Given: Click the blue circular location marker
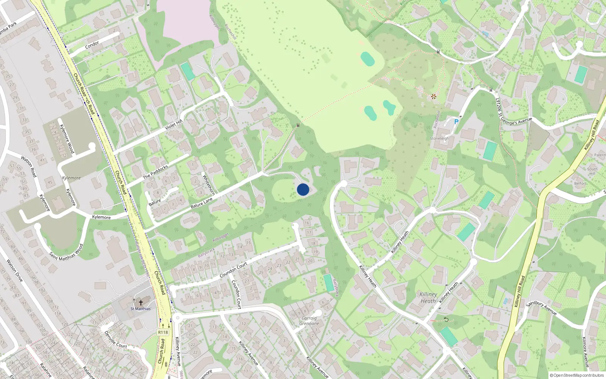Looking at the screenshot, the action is pos(303,189).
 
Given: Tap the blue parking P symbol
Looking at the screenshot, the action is pos(456,122).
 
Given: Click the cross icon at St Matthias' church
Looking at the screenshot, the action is pos(141,302).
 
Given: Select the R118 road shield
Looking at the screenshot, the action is pos(163,332).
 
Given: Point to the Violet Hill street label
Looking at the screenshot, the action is pos(174,124).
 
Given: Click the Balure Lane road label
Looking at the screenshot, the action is pos(202,203).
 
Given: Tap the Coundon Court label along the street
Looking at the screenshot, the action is pos(233,269).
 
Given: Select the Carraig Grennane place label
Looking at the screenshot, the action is pos(309,321).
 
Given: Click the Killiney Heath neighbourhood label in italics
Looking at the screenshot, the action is pos(428,298).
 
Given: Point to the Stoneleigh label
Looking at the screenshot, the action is pos(439,139).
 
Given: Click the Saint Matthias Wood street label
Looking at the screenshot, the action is pos(66,252).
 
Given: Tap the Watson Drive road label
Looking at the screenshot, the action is pos(15,271).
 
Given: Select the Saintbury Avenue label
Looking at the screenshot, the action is pos(542,308).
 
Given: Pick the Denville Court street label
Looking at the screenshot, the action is pos(116,340).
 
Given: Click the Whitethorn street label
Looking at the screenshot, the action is pos(209,185).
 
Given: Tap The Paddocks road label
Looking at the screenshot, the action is pos(155,172).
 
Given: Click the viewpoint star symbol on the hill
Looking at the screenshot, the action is pos(433,97).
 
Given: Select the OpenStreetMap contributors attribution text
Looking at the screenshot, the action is pos(577,375).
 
